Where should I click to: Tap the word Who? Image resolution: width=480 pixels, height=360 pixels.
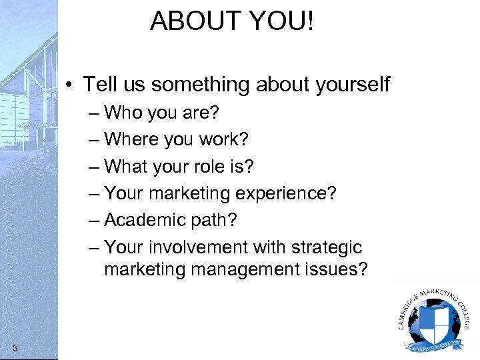[123, 112]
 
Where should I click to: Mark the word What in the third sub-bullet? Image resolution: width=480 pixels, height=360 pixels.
[127, 166]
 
